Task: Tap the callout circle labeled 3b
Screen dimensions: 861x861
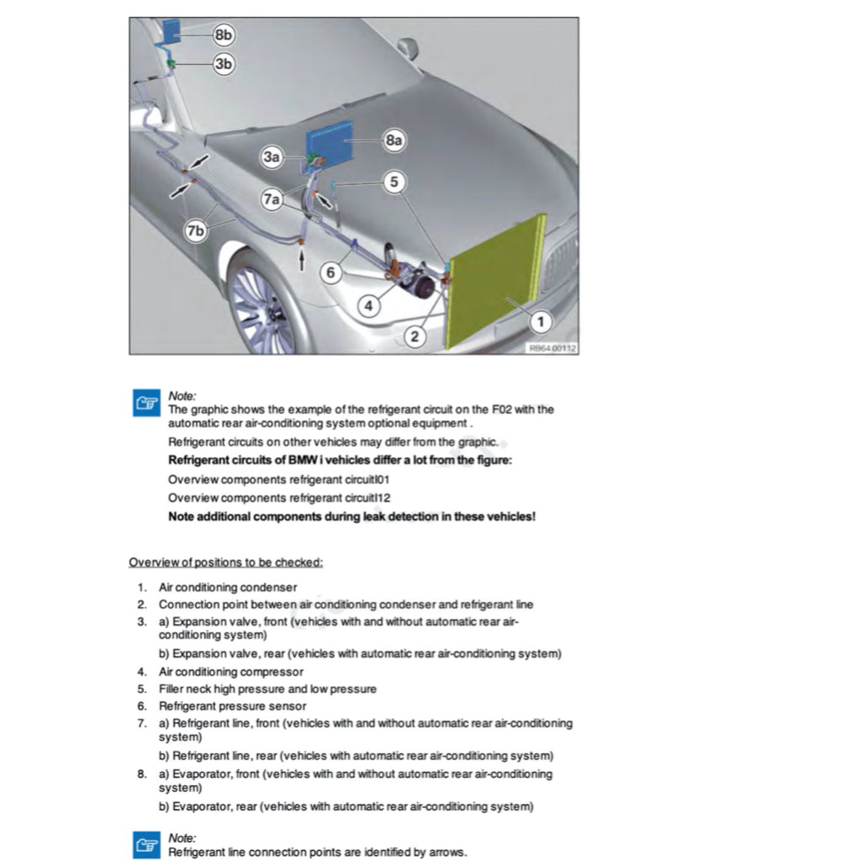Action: [x=223, y=63]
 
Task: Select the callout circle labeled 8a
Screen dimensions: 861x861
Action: [x=394, y=140]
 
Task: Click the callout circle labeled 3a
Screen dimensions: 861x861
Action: [x=272, y=156]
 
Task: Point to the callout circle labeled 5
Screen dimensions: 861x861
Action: [x=394, y=181]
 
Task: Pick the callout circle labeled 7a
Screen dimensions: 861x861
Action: [x=272, y=200]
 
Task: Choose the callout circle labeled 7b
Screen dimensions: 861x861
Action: [x=195, y=231]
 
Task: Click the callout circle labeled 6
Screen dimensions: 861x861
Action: [x=331, y=272]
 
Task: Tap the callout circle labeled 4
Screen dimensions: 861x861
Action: [x=367, y=306]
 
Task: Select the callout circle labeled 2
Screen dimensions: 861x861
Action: [x=414, y=336]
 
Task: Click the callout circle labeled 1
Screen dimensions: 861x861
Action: [x=540, y=320]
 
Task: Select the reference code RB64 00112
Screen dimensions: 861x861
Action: [x=552, y=348]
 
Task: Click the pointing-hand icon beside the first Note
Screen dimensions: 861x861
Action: [x=147, y=403]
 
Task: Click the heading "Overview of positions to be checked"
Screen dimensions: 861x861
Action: [x=225, y=562]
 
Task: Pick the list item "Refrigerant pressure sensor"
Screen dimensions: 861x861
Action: [x=232, y=706]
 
